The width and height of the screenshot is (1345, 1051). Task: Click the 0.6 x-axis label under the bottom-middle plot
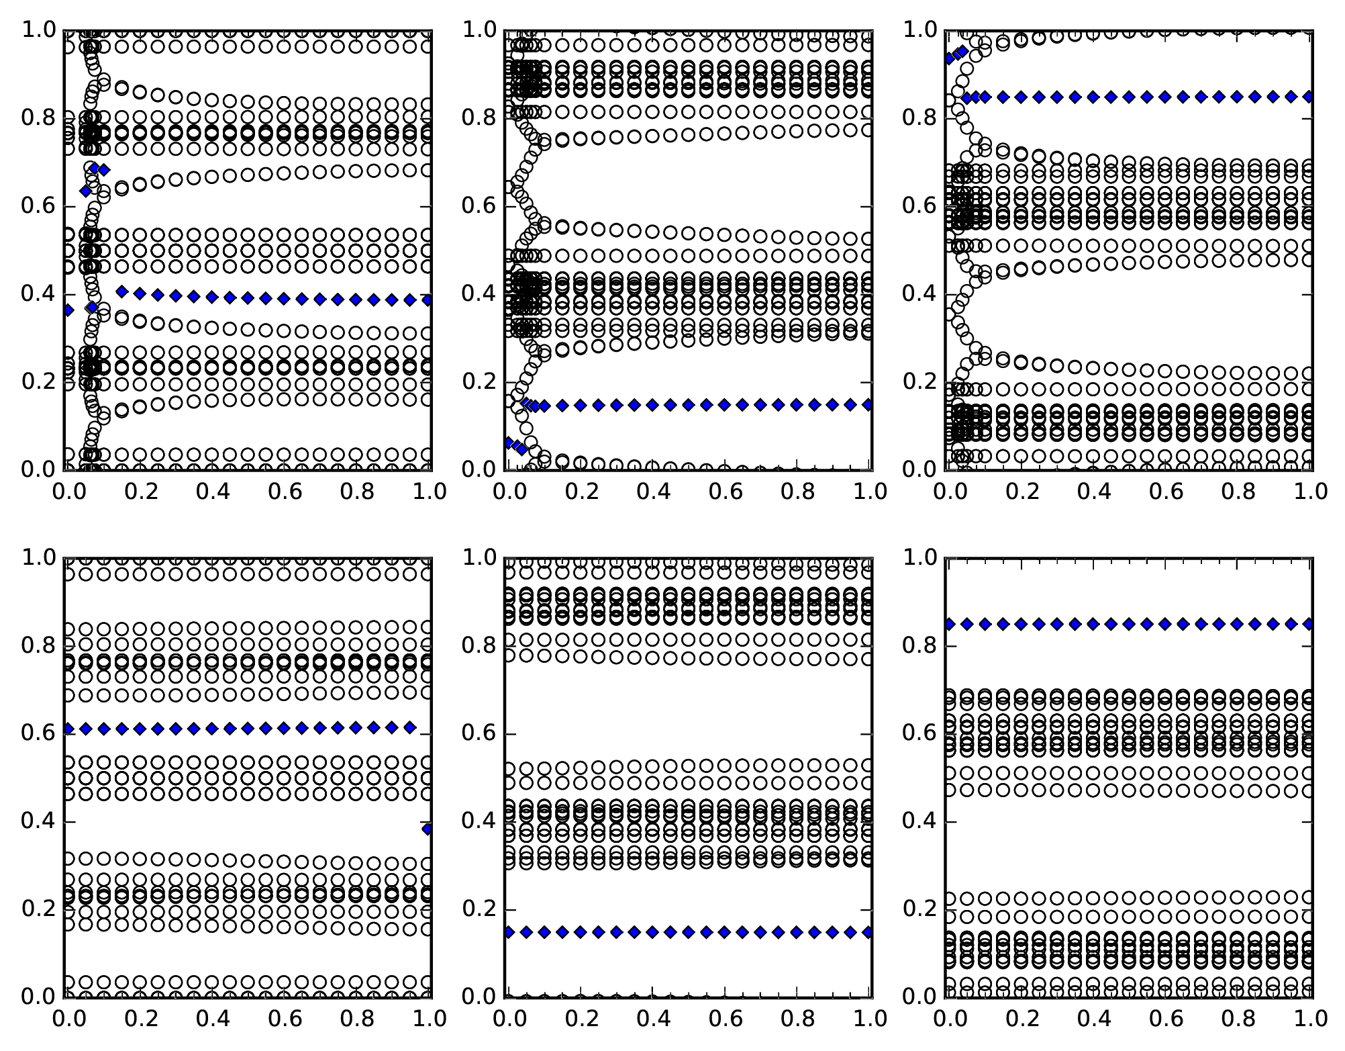click(x=726, y=1019)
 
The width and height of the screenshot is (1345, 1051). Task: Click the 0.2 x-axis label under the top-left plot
click(x=140, y=492)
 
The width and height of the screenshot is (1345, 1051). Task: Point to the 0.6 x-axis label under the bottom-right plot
click(x=1166, y=1019)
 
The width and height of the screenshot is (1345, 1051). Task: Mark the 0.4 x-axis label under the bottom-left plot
click(x=213, y=1019)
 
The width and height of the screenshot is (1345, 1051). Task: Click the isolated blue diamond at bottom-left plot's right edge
click(x=427, y=829)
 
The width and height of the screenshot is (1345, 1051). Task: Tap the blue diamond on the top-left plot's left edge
click(x=67, y=310)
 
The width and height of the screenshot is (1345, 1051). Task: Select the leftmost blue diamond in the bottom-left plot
click(x=67, y=729)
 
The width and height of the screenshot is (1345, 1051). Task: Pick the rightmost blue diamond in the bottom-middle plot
click(x=868, y=931)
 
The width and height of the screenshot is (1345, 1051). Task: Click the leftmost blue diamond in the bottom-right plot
click(x=949, y=624)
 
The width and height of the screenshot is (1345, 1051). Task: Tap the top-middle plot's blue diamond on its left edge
click(x=508, y=442)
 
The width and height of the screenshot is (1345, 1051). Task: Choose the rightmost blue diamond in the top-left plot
click(x=427, y=300)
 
